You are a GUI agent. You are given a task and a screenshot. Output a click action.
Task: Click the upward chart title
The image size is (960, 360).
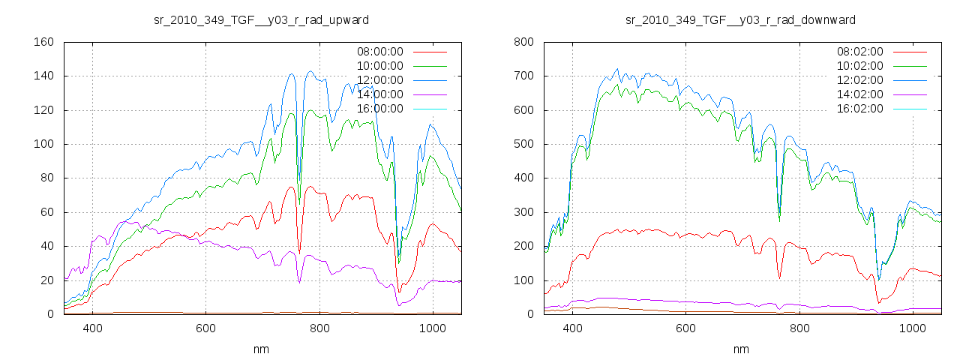pos(261,19)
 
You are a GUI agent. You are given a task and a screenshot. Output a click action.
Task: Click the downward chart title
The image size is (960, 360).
pos(741,19)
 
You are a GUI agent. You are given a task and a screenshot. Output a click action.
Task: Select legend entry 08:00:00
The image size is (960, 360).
pos(379,52)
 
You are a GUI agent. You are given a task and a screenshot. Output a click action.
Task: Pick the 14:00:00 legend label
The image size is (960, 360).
pos(379,94)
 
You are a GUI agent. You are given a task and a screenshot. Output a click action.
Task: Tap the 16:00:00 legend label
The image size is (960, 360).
pos(379,109)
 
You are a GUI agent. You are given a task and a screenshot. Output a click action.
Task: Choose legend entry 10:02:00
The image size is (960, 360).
pos(859,66)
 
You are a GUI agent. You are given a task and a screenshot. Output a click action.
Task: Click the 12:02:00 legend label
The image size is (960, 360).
pos(859,80)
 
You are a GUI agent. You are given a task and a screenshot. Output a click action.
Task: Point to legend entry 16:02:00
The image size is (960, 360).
pos(859,109)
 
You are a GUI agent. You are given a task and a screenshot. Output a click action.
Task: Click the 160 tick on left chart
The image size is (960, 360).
pos(43,42)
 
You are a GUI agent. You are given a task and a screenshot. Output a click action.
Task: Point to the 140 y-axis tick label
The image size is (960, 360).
pos(43,76)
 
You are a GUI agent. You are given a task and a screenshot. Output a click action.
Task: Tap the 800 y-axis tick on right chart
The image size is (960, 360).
pos(523,42)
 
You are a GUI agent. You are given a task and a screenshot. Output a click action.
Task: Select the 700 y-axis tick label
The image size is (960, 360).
pos(523,76)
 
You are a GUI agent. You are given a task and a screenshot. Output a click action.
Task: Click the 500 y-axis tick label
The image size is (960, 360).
pos(523,145)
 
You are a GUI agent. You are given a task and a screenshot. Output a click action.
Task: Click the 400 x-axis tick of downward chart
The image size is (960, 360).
pos(573,328)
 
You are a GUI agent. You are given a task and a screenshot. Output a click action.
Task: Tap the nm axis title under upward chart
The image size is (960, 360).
pos(261,349)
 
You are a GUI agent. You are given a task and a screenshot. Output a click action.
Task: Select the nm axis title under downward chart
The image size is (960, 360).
pos(741,349)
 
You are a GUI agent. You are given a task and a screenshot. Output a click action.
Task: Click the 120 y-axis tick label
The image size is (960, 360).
pos(43,110)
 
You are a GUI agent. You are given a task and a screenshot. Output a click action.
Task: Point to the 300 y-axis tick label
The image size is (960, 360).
pos(523,212)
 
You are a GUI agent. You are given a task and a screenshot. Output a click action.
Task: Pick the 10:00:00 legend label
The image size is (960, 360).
pos(379,66)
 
